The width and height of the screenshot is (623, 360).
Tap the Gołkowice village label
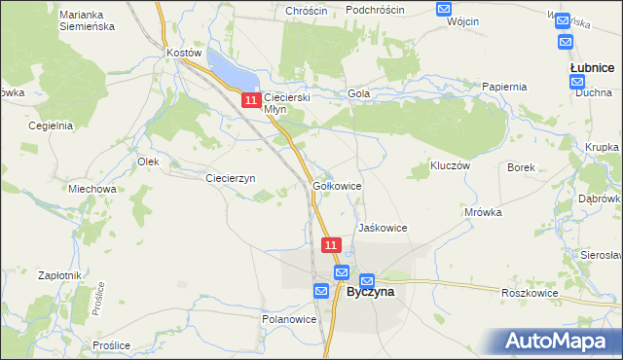(338, 185)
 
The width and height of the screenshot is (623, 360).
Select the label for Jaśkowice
(382, 228)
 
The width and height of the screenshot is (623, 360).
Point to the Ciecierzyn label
(230, 178)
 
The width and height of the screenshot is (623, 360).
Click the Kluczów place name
(451, 166)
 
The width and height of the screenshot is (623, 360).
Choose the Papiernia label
(504, 87)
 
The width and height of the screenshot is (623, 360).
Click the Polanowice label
(288, 318)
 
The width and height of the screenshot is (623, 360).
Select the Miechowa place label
(92, 189)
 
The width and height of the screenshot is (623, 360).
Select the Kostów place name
(183, 53)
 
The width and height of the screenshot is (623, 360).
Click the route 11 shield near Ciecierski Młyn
(251, 100)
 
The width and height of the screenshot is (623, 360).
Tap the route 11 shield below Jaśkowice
(332, 246)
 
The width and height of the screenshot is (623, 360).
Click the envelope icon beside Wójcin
(444, 10)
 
